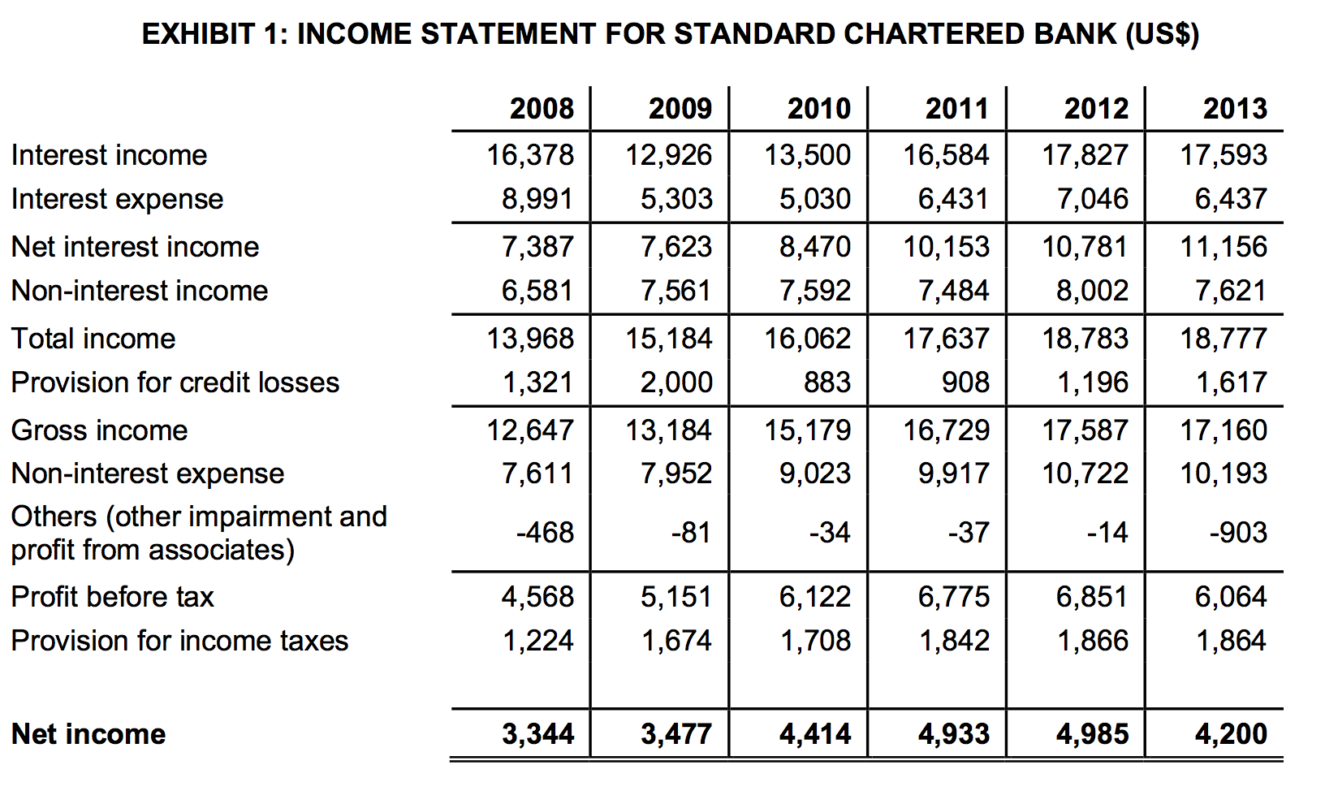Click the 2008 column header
coord(542,109)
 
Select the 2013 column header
coord(1235,109)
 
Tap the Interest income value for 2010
coord(807,155)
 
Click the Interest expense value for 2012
coord(1092,199)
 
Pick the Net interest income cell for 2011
coord(946,247)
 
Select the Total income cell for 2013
coord(1223,339)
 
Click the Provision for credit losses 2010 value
coord(827,383)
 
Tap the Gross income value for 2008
coord(529,430)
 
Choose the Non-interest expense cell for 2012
coord(1085,473)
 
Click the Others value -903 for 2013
coord(1237,533)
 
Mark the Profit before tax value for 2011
coord(953,597)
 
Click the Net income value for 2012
coord(1092,734)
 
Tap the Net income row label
coord(88,734)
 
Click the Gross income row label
coord(99,430)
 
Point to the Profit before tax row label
coord(112,597)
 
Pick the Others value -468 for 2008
coord(545,533)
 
